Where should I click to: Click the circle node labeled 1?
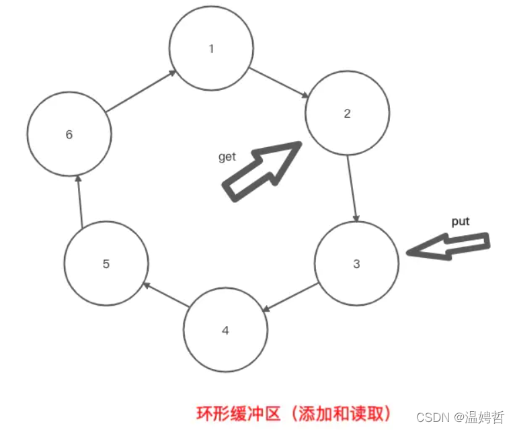coord(211,48)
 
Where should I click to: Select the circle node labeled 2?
coord(347,113)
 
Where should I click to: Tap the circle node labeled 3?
coord(356,263)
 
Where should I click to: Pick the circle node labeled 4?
coord(225,330)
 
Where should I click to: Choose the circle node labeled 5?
coord(106,263)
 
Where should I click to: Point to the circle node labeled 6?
coord(69,134)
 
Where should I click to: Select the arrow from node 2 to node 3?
coord(352,189)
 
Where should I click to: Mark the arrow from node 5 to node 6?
coord(79,200)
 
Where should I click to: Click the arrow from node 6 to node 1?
coord(141,90)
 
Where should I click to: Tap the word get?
coord(227,157)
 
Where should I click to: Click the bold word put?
coord(461,221)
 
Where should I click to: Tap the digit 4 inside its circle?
coord(225,331)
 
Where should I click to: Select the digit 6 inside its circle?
coord(69,134)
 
